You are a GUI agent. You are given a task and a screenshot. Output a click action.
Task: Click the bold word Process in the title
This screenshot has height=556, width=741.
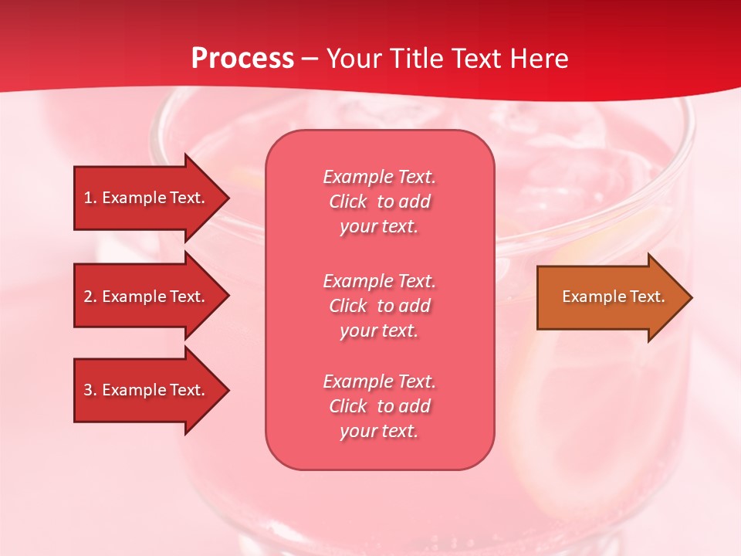[242, 59]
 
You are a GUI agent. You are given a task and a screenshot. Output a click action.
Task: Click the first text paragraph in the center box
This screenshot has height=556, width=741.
[379, 202]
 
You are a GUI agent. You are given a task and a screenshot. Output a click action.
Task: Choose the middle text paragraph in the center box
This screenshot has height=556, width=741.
[379, 306]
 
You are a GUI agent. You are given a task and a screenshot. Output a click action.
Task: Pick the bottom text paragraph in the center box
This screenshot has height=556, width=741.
[379, 406]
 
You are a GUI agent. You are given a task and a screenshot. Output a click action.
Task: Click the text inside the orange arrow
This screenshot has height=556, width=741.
[613, 297]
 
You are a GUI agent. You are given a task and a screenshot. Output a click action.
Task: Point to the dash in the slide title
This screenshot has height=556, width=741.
[310, 59]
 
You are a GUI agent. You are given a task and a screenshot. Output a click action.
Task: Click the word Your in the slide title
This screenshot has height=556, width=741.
[355, 59]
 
